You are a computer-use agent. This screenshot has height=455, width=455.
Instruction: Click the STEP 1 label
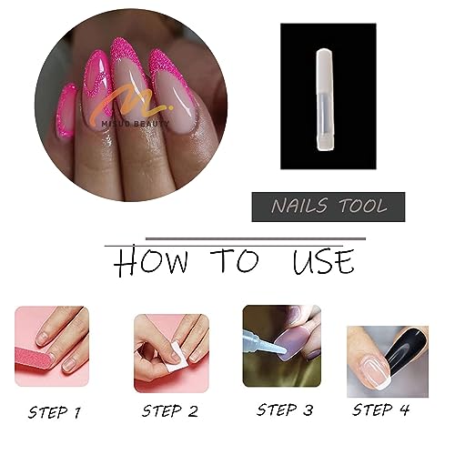tap(55, 413)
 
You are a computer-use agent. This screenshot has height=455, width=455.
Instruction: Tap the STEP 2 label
tap(170, 411)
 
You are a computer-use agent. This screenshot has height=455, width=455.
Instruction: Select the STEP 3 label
tap(285, 410)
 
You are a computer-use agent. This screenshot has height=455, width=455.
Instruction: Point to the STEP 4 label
tap(380, 409)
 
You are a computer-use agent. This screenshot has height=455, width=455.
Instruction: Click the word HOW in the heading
tap(151, 261)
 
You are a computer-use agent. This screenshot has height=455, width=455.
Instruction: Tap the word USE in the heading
tap(323, 261)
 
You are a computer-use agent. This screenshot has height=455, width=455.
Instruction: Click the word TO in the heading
tap(235, 260)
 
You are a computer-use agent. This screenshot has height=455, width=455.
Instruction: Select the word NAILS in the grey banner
tap(299, 207)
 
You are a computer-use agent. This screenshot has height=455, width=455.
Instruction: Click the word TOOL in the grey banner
tap(363, 206)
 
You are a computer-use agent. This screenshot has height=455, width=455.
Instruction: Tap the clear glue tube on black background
tap(325, 99)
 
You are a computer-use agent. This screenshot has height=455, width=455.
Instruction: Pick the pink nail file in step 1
tap(32, 363)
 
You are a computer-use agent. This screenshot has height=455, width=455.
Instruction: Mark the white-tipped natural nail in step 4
tap(372, 374)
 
